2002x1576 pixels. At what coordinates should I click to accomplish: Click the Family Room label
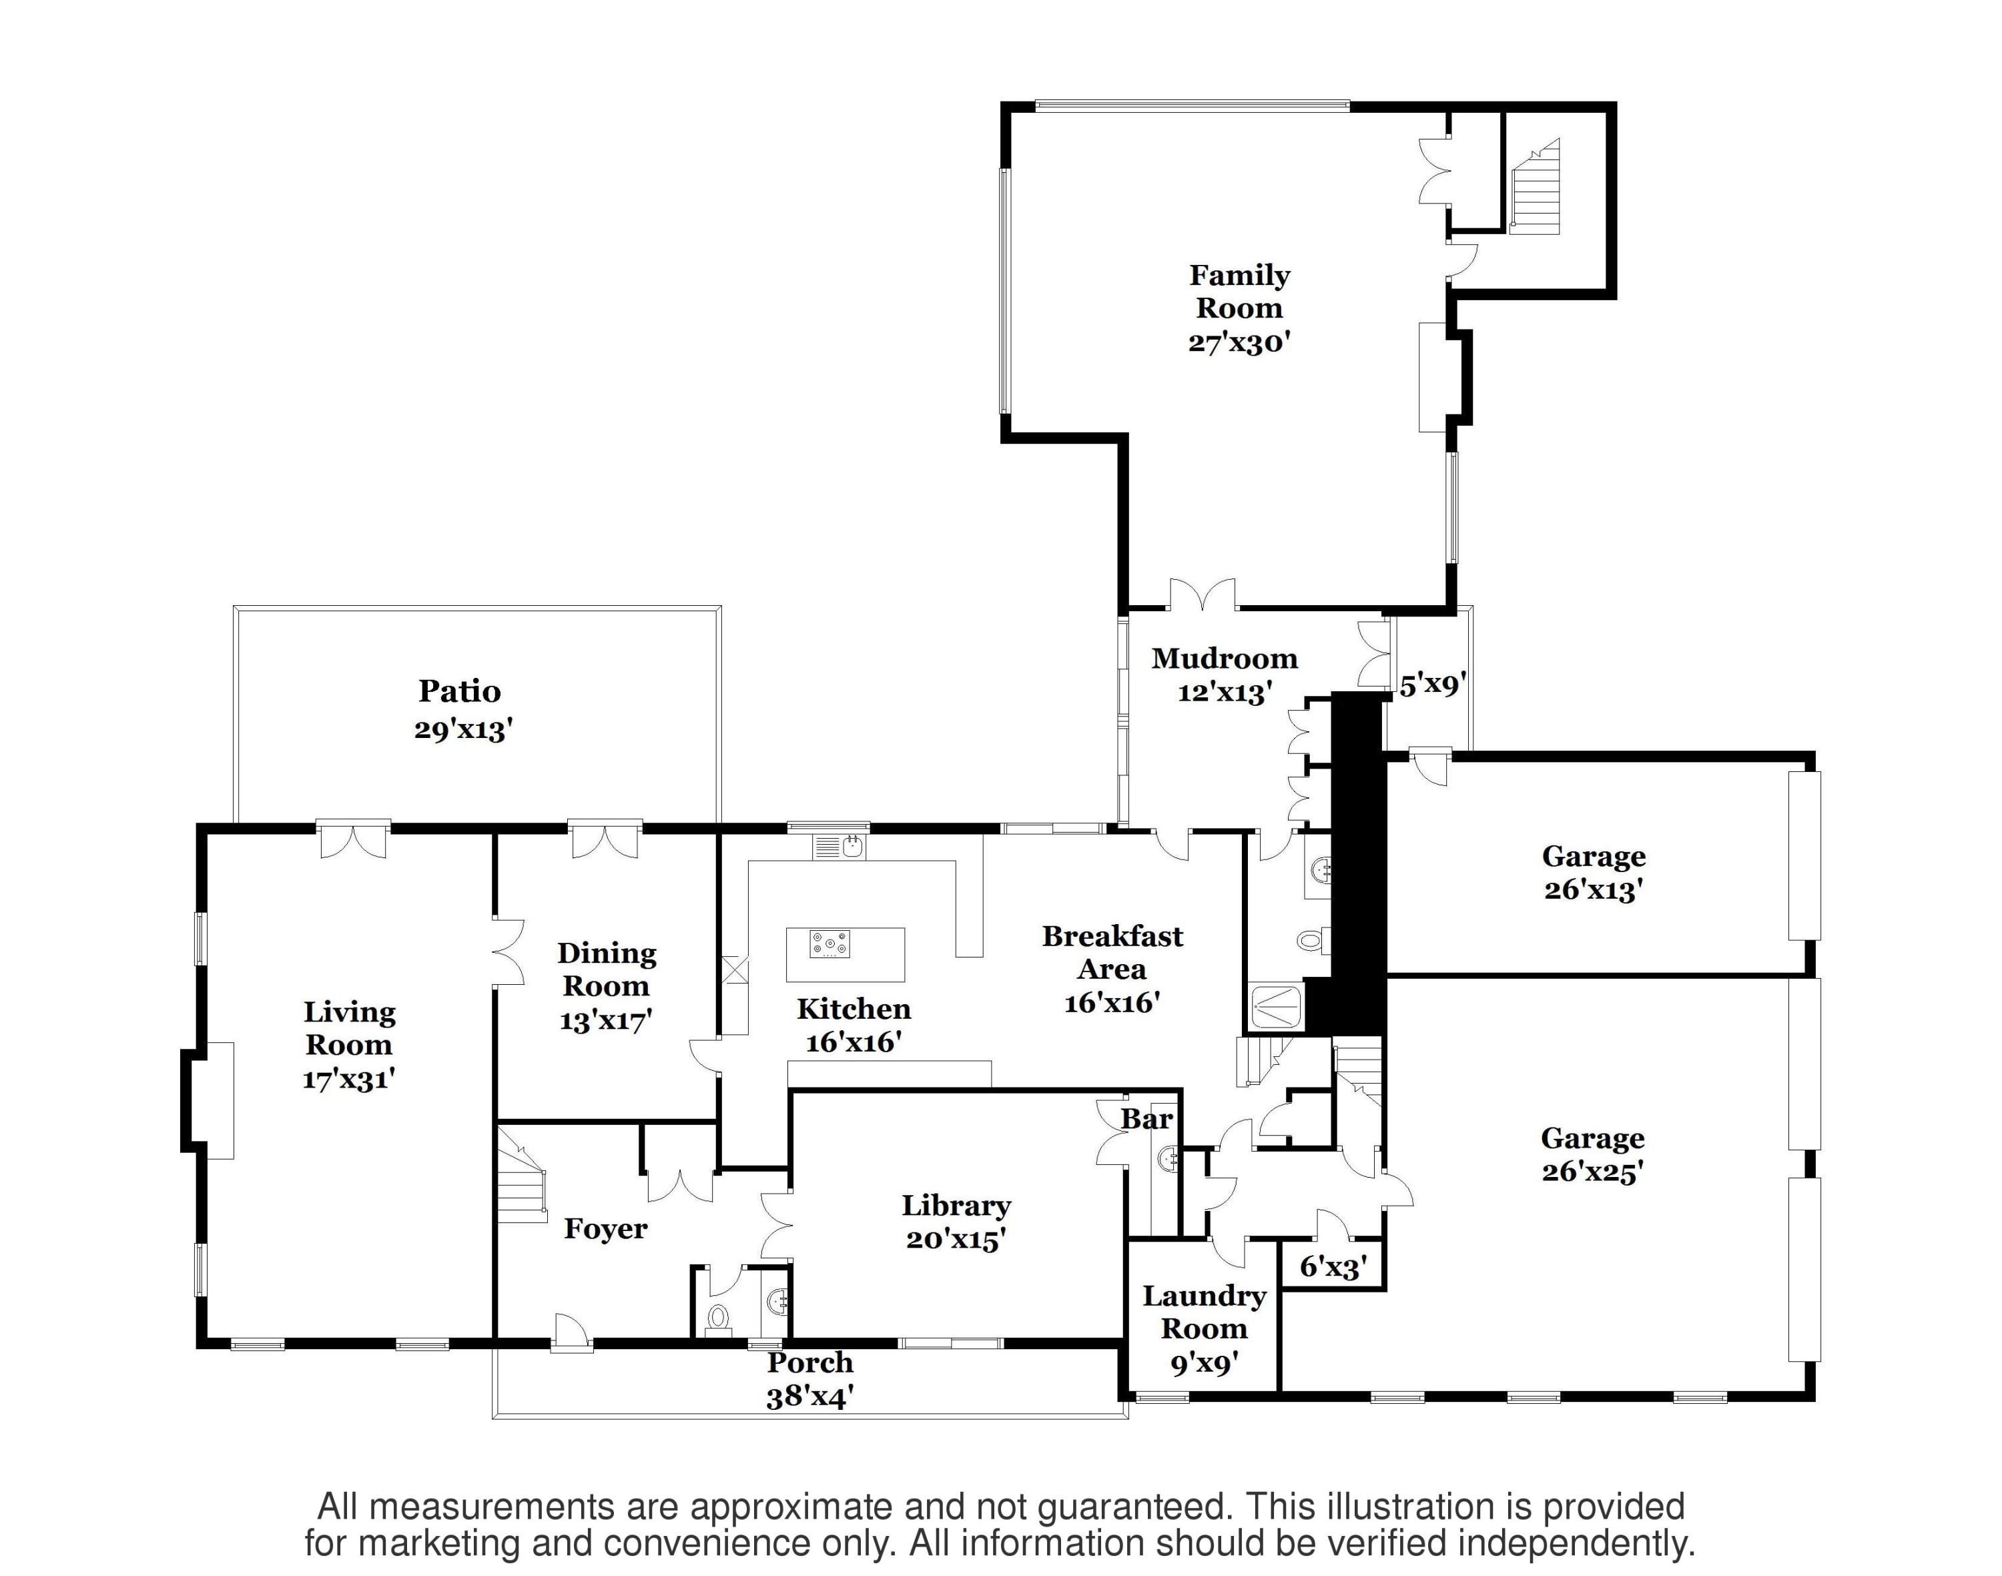click(1239, 292)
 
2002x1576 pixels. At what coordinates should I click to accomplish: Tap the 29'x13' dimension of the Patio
click(462, 730)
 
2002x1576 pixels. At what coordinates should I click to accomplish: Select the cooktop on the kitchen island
click(829, 945)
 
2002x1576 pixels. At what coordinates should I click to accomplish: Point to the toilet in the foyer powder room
click(718, 1316)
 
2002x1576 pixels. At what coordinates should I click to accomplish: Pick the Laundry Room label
click(1204, 1311)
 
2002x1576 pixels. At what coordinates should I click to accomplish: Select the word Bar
click(1146, 1119)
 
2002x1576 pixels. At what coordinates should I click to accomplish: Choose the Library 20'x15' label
click(956, 1222)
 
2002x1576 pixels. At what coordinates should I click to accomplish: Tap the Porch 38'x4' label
click(809, 1378)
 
